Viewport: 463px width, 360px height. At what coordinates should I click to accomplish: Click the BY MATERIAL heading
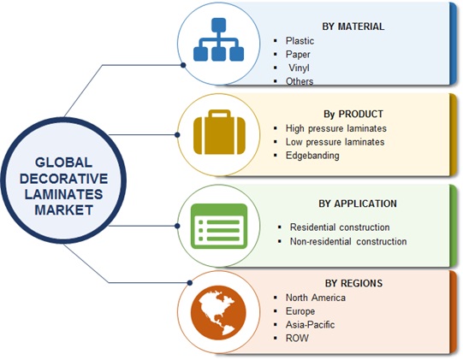tap(353, 27)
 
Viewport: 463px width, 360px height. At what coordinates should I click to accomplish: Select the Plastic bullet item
tap(300, 41)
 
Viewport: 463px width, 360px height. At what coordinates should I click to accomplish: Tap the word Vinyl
tap(300, 68)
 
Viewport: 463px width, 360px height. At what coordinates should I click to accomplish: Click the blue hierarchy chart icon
tap(218, 39)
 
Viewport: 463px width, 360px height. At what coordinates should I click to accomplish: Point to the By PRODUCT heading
tap(353, 114)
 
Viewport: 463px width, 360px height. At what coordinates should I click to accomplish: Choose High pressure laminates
tap(336, 128)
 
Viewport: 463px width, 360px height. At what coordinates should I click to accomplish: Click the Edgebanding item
tap(312, 156)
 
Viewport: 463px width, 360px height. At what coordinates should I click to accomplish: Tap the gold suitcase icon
tap(219, 132)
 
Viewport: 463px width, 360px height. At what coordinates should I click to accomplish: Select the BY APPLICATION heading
tap(358, 204)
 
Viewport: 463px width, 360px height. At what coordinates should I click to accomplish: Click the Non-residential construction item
tap(348, 241)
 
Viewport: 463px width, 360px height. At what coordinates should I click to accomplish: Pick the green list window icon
tap(219, 226)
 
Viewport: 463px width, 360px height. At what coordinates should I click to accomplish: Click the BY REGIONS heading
tap(353, 283)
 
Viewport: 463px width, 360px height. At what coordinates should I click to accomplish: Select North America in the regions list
tap(315, 298)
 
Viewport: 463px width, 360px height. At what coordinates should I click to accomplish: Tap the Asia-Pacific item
tap(310, 325)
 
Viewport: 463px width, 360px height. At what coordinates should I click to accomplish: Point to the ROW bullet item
tap(297, 338)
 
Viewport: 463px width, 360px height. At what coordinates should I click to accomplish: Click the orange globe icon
tap(218, 312)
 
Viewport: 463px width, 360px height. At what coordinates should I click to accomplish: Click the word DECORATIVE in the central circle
tap(64, 179)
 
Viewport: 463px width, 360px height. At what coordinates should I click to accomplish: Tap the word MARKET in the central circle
tap(64, 210)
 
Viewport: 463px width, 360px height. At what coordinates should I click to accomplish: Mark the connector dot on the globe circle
tap(190, 283)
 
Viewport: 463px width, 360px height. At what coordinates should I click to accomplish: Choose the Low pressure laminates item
tap(335, 142)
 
